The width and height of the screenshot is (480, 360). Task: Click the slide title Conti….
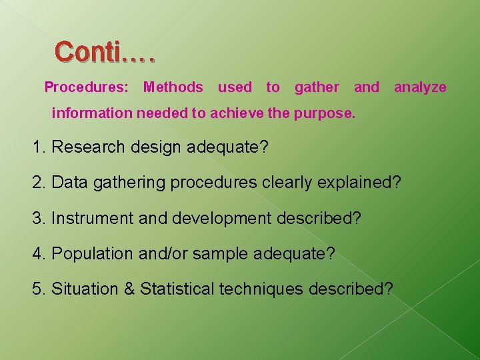[x=105, y=51]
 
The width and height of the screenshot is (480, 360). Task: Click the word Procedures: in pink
[x=87, y=87]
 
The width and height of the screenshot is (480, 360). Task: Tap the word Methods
[x=173, y=87]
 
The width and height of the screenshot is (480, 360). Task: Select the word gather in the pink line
[x=317, y=87]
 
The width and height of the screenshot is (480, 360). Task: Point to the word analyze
[x=420, y=87]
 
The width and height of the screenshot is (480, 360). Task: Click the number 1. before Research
[x=39, y=147]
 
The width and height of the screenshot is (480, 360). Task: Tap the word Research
[x=83, y=147]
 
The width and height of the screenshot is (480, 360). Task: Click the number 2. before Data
[x=39, y=182]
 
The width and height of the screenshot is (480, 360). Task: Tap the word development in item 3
[x=213, y=218]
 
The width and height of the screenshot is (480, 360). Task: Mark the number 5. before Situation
[x=39, y=289]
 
